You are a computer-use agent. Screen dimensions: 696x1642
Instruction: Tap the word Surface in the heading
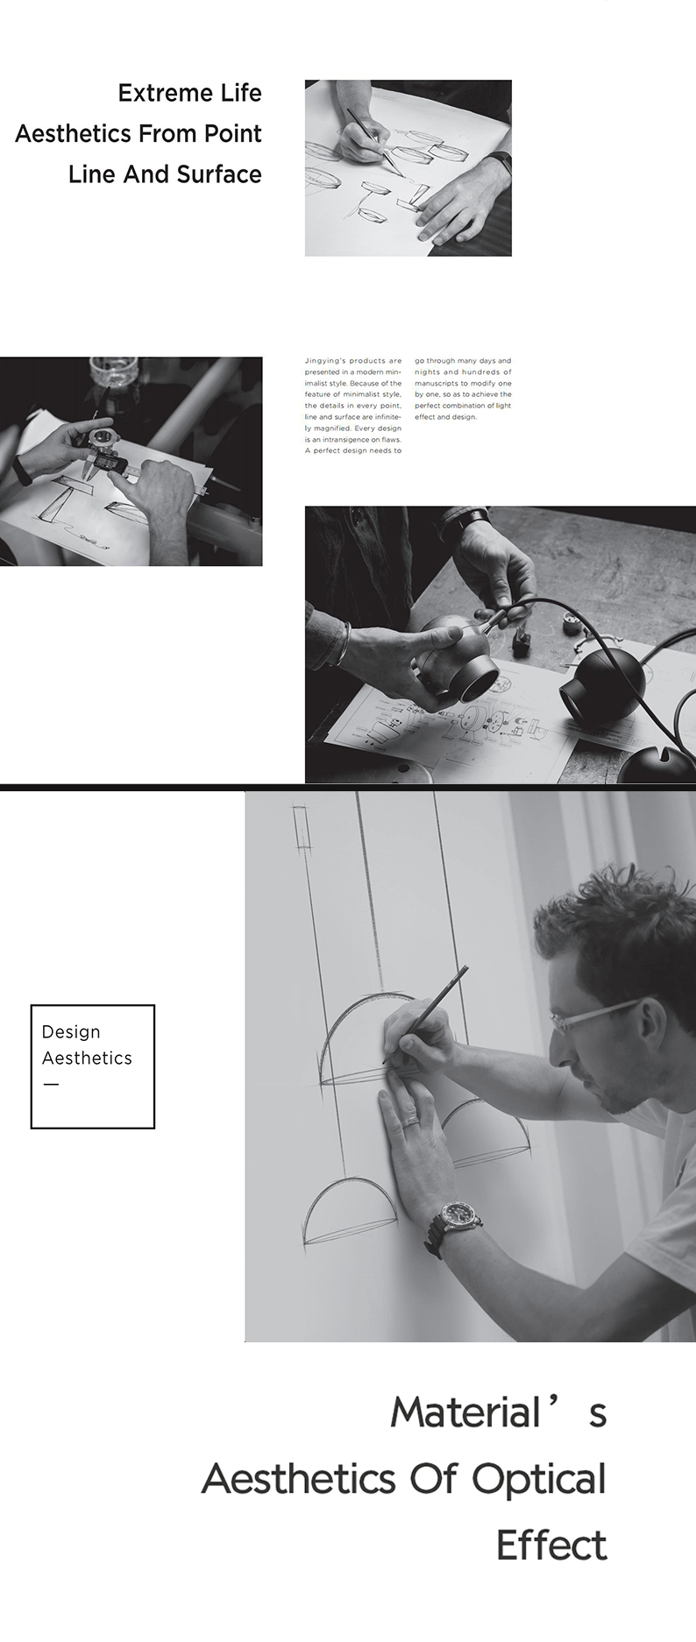point(219,174)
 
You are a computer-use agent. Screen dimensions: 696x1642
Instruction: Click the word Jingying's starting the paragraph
point(327,361)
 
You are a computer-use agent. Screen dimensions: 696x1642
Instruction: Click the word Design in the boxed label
point(71,1033)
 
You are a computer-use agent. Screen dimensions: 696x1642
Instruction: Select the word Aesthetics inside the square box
point(87,1058)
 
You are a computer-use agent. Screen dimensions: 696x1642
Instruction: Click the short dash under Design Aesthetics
point(51,1085)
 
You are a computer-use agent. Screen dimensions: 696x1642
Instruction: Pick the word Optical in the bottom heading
point(539,1481)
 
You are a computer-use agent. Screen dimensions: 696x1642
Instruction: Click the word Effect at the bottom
point(551,1545)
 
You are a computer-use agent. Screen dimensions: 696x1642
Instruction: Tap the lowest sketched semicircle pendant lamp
point(348,1211)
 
